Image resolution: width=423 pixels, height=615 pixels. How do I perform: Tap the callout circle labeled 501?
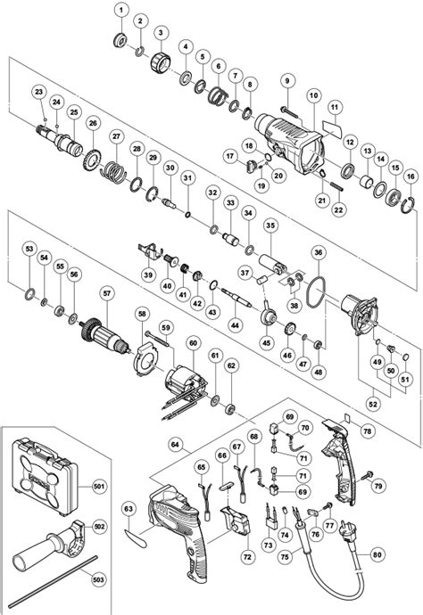[x=99, y=487]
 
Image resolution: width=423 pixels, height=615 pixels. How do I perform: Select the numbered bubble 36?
[x=318, y=252]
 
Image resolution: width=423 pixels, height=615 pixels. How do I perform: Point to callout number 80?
[x=377, y=554]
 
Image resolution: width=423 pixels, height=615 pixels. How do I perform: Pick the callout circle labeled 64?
[x=175, y=445]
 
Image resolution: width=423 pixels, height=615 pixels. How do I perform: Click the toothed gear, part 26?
[x=92, y=160]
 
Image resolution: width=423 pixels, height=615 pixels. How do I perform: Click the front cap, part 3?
[x=161, y=62]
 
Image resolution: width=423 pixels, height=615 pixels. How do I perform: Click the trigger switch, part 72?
[x=236, y=519]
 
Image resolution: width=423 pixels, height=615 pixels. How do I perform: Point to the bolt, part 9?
[x=291, y=112]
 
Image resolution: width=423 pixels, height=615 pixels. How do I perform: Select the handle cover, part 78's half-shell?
[x=340, y=462]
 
